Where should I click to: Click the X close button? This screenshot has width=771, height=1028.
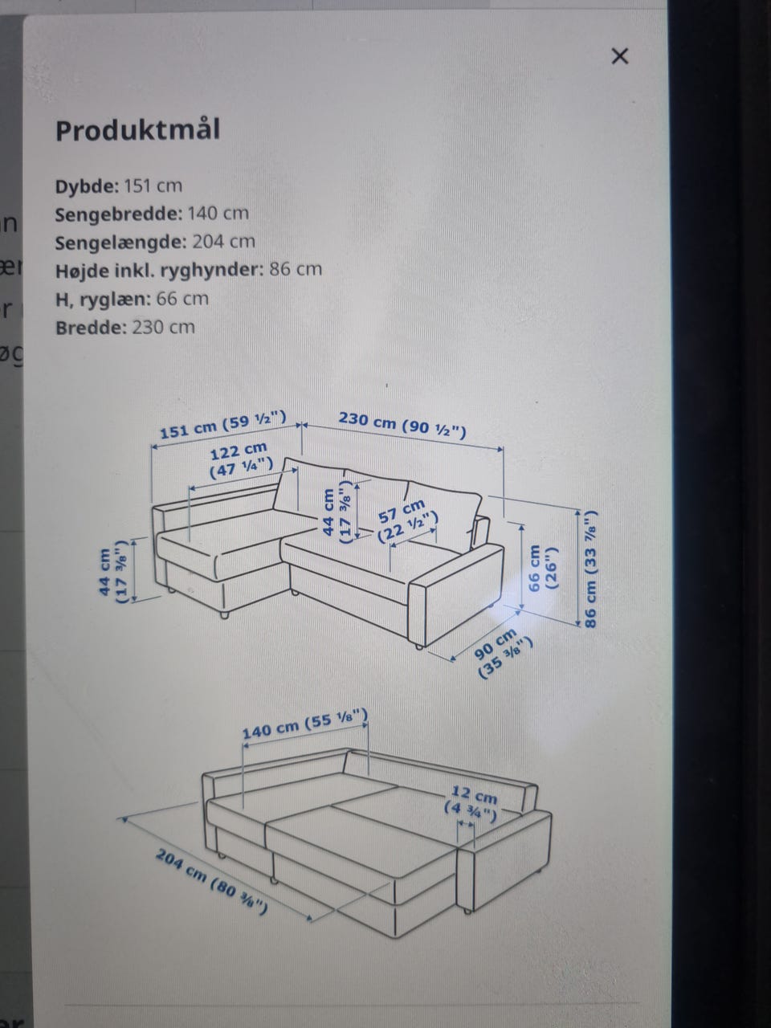620,56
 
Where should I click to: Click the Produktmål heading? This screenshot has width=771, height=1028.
137,130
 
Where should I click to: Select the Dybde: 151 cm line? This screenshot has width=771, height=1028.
118,186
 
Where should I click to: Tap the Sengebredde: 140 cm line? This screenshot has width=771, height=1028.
152,214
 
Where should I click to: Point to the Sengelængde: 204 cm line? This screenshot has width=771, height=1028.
155,242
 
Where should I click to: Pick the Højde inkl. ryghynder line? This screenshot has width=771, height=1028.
189,270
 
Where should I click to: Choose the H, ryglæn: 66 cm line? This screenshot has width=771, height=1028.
132,299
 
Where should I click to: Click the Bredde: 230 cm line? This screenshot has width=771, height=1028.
125,327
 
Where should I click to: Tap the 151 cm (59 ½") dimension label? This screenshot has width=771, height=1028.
222,425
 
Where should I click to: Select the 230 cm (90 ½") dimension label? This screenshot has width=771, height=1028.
402,425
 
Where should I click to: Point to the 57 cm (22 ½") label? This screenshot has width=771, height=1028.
407,520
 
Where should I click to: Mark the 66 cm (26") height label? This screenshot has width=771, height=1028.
541,567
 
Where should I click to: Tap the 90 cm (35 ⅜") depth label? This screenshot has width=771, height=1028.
501,653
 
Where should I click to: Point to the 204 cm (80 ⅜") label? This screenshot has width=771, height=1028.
211,881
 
